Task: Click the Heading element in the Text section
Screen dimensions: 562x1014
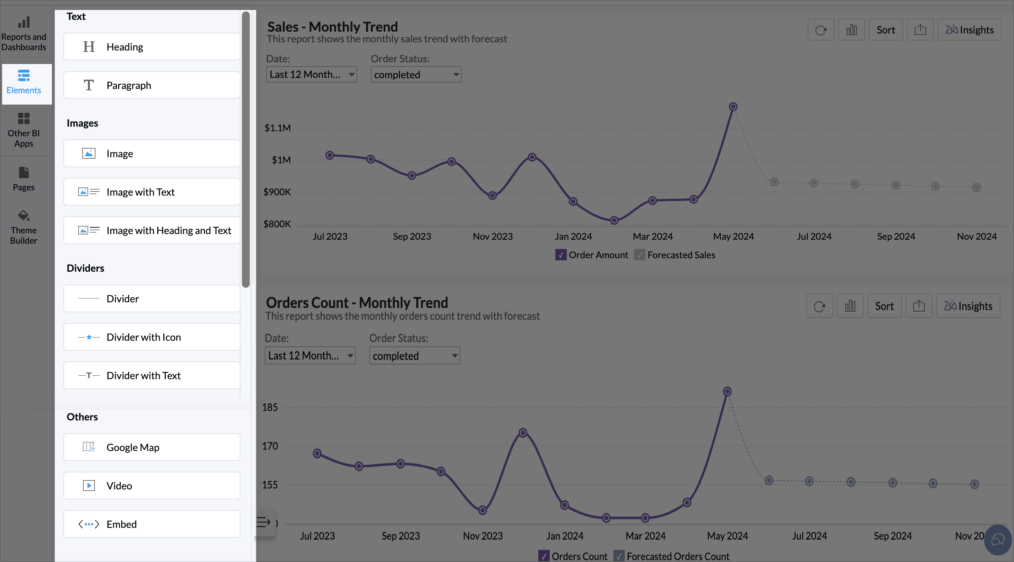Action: (152, 47)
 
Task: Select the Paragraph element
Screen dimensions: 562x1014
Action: (152, 85)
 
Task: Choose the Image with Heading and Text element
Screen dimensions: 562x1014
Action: (152, 230)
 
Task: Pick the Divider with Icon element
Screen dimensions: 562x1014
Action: (152, 337)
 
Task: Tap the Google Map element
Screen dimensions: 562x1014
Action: (152, 447)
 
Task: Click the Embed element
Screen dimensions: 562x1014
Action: (152, 524)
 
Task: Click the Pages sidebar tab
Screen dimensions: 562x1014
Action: (23, 179)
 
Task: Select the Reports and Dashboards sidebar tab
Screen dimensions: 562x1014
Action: (23, 34)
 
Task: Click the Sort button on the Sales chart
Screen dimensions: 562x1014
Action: (886, 30)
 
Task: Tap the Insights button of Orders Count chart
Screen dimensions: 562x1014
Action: (968, 306)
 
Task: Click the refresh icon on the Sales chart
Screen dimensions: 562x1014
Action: (821, 30)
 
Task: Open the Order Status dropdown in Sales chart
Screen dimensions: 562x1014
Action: (416, 74)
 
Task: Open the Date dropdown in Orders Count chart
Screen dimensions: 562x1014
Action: (310, 356)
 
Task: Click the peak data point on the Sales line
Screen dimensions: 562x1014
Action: (733, 107)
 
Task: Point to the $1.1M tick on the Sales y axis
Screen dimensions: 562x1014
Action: (278, 128)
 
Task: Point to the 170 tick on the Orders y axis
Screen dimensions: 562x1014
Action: (270, 446)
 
